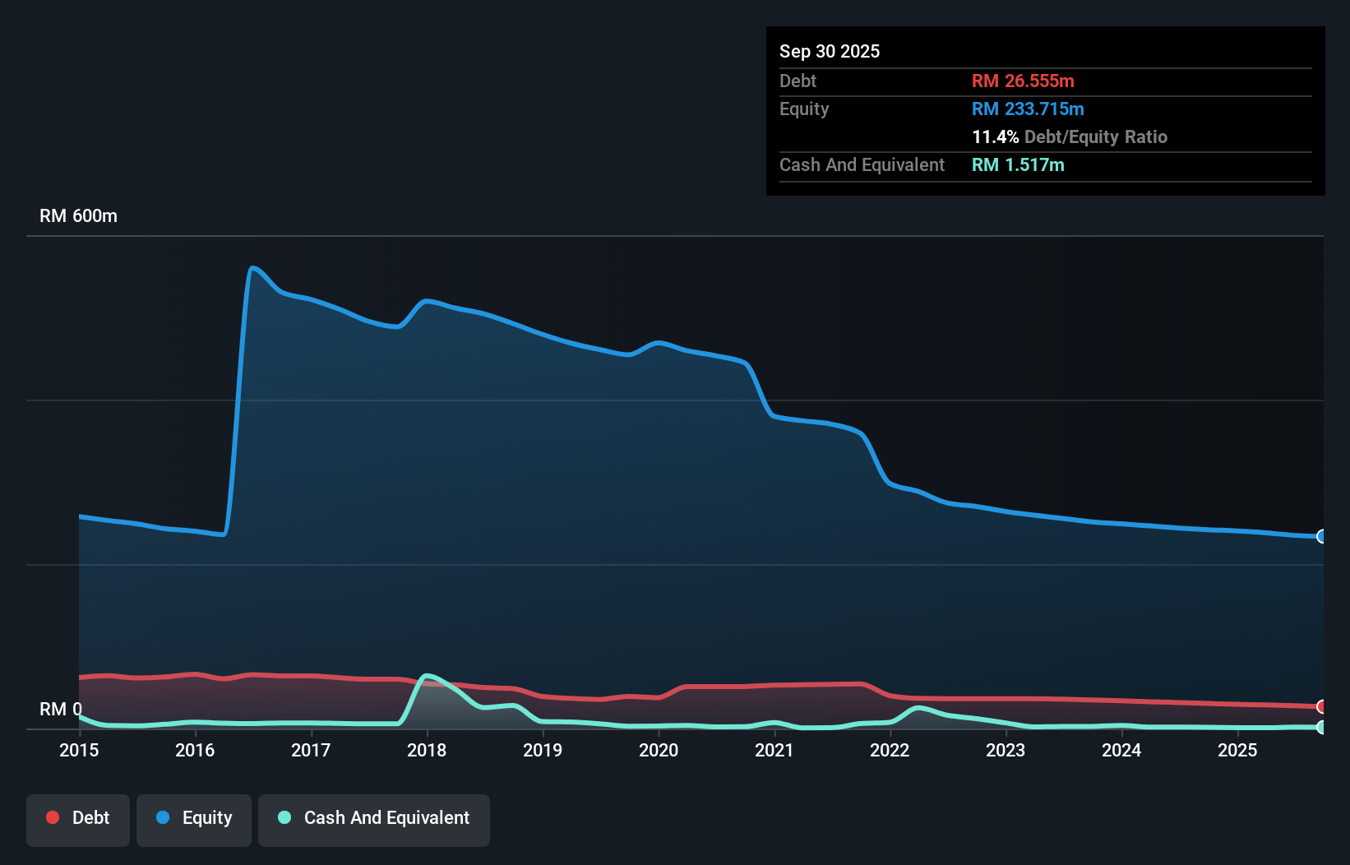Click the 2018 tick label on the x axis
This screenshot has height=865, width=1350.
427,750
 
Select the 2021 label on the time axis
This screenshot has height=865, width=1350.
774,750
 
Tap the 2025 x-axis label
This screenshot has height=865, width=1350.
1237,750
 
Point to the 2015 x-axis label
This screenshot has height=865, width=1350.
79,750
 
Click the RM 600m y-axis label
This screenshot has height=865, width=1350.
78,216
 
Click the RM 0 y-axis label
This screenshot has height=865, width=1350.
60,709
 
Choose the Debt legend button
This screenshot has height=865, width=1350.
78,818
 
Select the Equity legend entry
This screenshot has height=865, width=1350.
194,818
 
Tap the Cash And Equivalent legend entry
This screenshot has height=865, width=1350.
374,818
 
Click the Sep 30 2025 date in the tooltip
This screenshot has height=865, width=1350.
830,51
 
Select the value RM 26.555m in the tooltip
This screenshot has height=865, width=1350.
1023,81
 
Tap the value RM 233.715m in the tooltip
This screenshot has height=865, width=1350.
1028,109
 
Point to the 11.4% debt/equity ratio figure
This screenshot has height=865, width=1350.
995,136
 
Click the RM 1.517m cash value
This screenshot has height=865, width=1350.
1018,164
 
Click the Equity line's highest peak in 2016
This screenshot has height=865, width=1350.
252,267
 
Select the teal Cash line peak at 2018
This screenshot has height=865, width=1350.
426,676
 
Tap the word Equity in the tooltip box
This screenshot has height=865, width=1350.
804,109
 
